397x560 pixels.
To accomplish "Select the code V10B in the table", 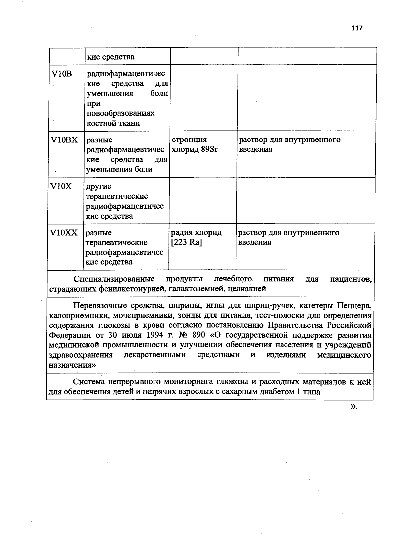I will coord(62,74).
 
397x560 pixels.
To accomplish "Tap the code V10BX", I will coord(64,140).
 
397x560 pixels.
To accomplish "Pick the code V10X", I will coord(61,187).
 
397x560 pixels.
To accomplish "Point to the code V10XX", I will coord(64,233).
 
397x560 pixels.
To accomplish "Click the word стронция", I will coord(189,140).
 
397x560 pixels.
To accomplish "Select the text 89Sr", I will coord(209,149).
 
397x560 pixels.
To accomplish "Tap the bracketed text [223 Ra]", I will coord(186,242).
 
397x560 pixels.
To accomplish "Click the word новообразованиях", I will coord(120,113).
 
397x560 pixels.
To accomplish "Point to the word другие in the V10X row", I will coord(99,187).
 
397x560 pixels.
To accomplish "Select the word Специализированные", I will coord(114,279).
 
